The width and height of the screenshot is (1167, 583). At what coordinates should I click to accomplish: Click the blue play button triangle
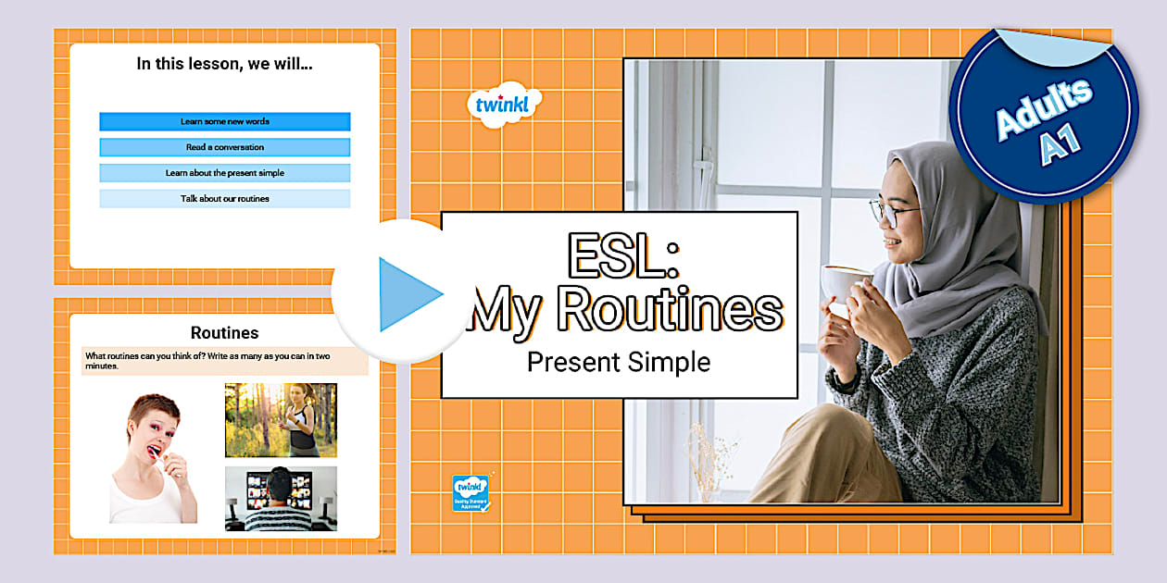[407, 294]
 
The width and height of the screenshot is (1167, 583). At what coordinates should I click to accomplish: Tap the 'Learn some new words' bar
[224, 121]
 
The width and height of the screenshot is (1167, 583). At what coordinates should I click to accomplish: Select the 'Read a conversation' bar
[224, 147]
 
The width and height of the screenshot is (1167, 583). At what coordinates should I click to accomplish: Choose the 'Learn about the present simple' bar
[224, 173]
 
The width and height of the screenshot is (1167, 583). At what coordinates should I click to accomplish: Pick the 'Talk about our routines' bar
[224, 199]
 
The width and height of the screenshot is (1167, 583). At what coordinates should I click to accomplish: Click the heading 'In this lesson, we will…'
[224, 64]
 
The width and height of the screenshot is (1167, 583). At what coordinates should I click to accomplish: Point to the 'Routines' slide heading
[224, 332]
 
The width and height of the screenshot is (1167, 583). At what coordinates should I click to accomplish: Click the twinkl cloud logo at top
[503, 105]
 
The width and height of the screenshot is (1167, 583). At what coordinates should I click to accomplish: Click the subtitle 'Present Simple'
[619, 362]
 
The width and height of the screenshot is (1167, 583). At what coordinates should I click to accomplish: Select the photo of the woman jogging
[281, 420]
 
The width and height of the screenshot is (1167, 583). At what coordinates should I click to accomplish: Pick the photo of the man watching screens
[281, 498]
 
